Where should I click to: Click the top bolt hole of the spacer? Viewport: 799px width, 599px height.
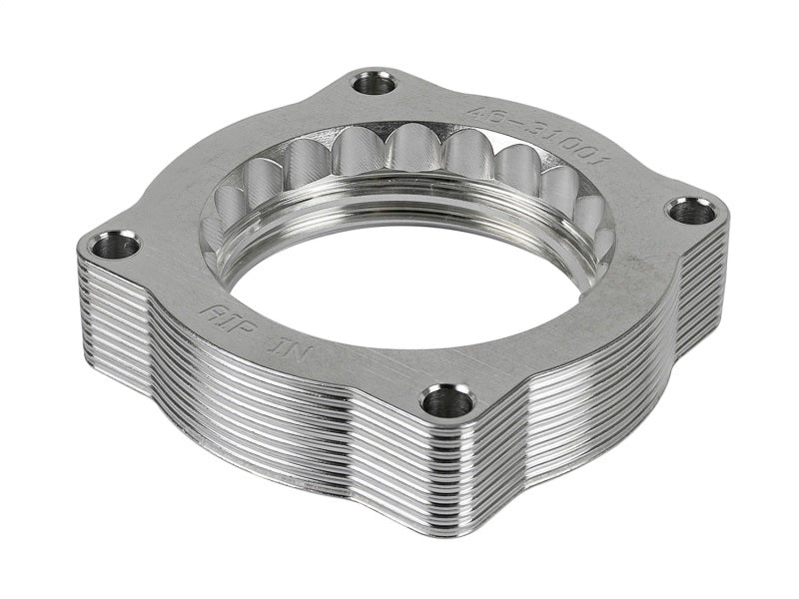tap(375, 83)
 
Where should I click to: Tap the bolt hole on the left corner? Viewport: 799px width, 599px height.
tap(116, 244)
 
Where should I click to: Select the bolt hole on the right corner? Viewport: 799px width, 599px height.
tap(690, 211)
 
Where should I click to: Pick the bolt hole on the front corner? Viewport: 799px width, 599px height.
tap(446, 401)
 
